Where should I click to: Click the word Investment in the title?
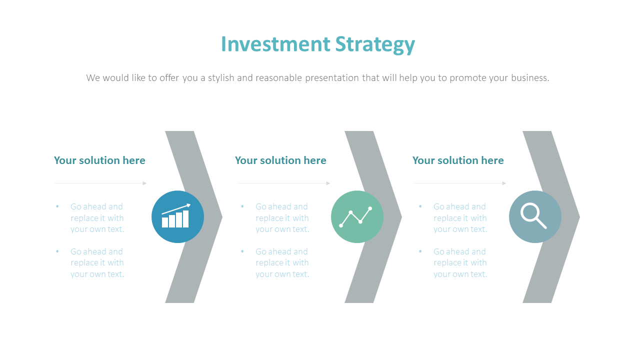275,44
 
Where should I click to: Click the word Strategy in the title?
375,45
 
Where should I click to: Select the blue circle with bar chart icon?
177,217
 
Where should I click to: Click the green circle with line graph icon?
357,217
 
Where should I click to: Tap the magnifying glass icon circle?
535,217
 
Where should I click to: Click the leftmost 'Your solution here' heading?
99,160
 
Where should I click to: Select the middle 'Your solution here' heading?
280,160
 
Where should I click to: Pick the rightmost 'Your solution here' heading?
458,160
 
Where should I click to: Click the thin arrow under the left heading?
100,183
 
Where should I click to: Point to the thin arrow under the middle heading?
284,183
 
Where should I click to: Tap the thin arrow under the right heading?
460,183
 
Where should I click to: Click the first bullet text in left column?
97,218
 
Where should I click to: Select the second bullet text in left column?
97,263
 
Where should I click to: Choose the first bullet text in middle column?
282,218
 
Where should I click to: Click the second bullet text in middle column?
282,263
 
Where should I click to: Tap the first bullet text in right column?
460,218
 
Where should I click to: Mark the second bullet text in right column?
460,263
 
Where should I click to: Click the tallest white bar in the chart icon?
185,219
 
